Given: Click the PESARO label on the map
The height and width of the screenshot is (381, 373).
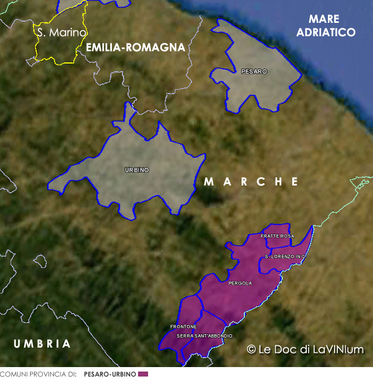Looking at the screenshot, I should [x=254, y=72].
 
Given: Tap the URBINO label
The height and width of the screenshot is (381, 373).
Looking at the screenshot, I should [x=137, y=170].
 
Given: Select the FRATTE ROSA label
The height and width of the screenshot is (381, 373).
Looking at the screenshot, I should [x=277, y=236].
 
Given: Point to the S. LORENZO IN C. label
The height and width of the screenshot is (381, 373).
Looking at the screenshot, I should [x=285, y=256].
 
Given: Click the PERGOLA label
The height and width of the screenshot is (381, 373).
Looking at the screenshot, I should [x=240, y=283].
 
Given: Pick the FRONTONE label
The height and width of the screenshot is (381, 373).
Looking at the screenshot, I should [x=183, y=326].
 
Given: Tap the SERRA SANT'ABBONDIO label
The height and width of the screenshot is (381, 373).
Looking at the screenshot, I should [x=204, y=336].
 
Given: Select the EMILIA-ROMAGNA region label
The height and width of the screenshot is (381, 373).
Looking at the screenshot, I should [x=135, y=48].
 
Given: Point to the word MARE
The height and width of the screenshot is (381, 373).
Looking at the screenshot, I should [x=325, y=19].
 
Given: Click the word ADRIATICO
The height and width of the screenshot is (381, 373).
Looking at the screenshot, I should [x=326, y=32].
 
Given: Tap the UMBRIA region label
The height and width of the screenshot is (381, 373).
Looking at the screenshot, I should [x=42, y=344].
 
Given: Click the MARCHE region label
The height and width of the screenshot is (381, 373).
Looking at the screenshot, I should [x=251, y=182].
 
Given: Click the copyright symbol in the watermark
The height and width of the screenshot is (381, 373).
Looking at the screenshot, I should [x=251, y=349].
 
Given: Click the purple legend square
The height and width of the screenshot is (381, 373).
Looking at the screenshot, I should [x=143, y=374].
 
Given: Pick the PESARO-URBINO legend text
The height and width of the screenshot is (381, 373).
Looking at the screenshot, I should [x=110, y=374].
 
